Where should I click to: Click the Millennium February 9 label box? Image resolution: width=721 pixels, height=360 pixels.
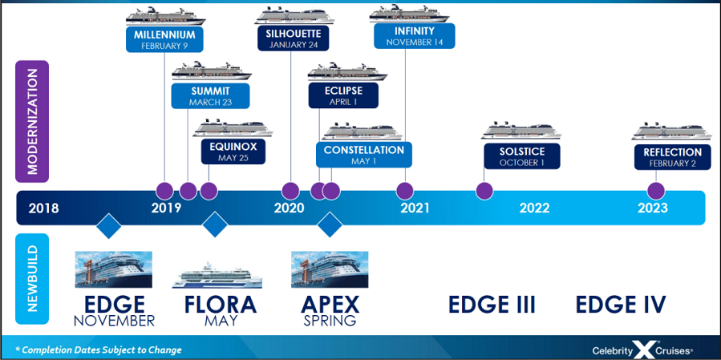tap(164, 39)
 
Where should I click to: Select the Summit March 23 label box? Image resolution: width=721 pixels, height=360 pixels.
tap(210, 96)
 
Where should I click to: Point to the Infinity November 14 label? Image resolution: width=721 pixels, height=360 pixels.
tap(415, 36)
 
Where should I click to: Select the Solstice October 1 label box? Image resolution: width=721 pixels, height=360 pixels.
tap(521, 156)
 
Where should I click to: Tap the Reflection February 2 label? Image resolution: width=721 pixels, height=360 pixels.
tap(672, 156)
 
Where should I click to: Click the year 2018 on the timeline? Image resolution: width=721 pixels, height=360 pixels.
tap(43, 208)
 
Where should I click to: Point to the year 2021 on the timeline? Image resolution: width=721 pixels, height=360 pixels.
tap(415, 208)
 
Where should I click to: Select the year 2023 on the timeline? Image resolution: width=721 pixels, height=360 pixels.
tap(653, 208)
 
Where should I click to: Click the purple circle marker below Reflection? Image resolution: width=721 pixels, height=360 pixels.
tap(656, 191)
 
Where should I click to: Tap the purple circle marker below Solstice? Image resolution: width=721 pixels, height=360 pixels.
tap(484, 191)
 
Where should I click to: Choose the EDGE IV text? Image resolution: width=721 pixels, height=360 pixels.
tap(621, 305)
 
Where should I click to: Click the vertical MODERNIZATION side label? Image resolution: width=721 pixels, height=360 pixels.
tap(32, 121)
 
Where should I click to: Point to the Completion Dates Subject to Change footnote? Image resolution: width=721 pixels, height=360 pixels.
tap(98, 350)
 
